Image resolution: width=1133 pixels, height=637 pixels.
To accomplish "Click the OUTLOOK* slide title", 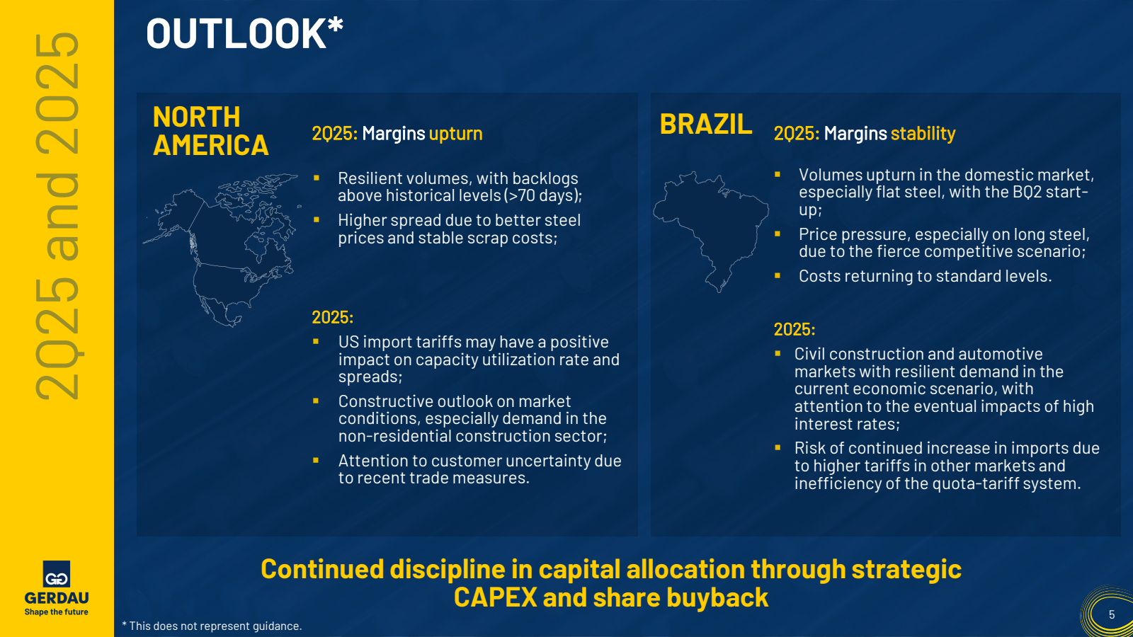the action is [x=244, y=33].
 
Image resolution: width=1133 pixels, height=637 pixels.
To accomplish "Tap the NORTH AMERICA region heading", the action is [x=210, y=131].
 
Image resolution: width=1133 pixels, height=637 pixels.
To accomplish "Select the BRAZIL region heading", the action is [x=706, y=124].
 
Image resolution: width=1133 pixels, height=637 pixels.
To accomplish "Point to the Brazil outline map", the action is [x=711, y=231].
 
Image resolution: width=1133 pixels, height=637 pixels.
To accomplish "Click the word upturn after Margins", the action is [x=456, y=134].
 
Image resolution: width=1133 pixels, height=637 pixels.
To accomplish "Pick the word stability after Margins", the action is [x=923, y=134].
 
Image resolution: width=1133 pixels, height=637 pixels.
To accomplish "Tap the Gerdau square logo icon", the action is [x=56, y=574].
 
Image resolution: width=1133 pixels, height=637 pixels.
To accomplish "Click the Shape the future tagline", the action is [x=56, y=612].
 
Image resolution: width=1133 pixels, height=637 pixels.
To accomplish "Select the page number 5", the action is [x=1112, y=615].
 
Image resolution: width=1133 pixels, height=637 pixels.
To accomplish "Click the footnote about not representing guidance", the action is [x=212, y=626].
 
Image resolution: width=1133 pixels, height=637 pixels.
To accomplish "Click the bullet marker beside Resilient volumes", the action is [x=317, y=178].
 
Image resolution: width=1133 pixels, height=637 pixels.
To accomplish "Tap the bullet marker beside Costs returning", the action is [x=778, y=275].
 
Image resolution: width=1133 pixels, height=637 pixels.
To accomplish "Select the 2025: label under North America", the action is [x=332, y=317].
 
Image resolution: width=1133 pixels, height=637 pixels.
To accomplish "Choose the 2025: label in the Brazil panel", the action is [x=795, y=329].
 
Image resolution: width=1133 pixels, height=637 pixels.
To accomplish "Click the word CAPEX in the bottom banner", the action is [x=495, y=597].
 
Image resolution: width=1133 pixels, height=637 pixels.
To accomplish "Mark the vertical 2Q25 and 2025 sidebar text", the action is [x=57, y=216].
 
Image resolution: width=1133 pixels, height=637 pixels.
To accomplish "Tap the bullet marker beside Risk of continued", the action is [x=778, y=447].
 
